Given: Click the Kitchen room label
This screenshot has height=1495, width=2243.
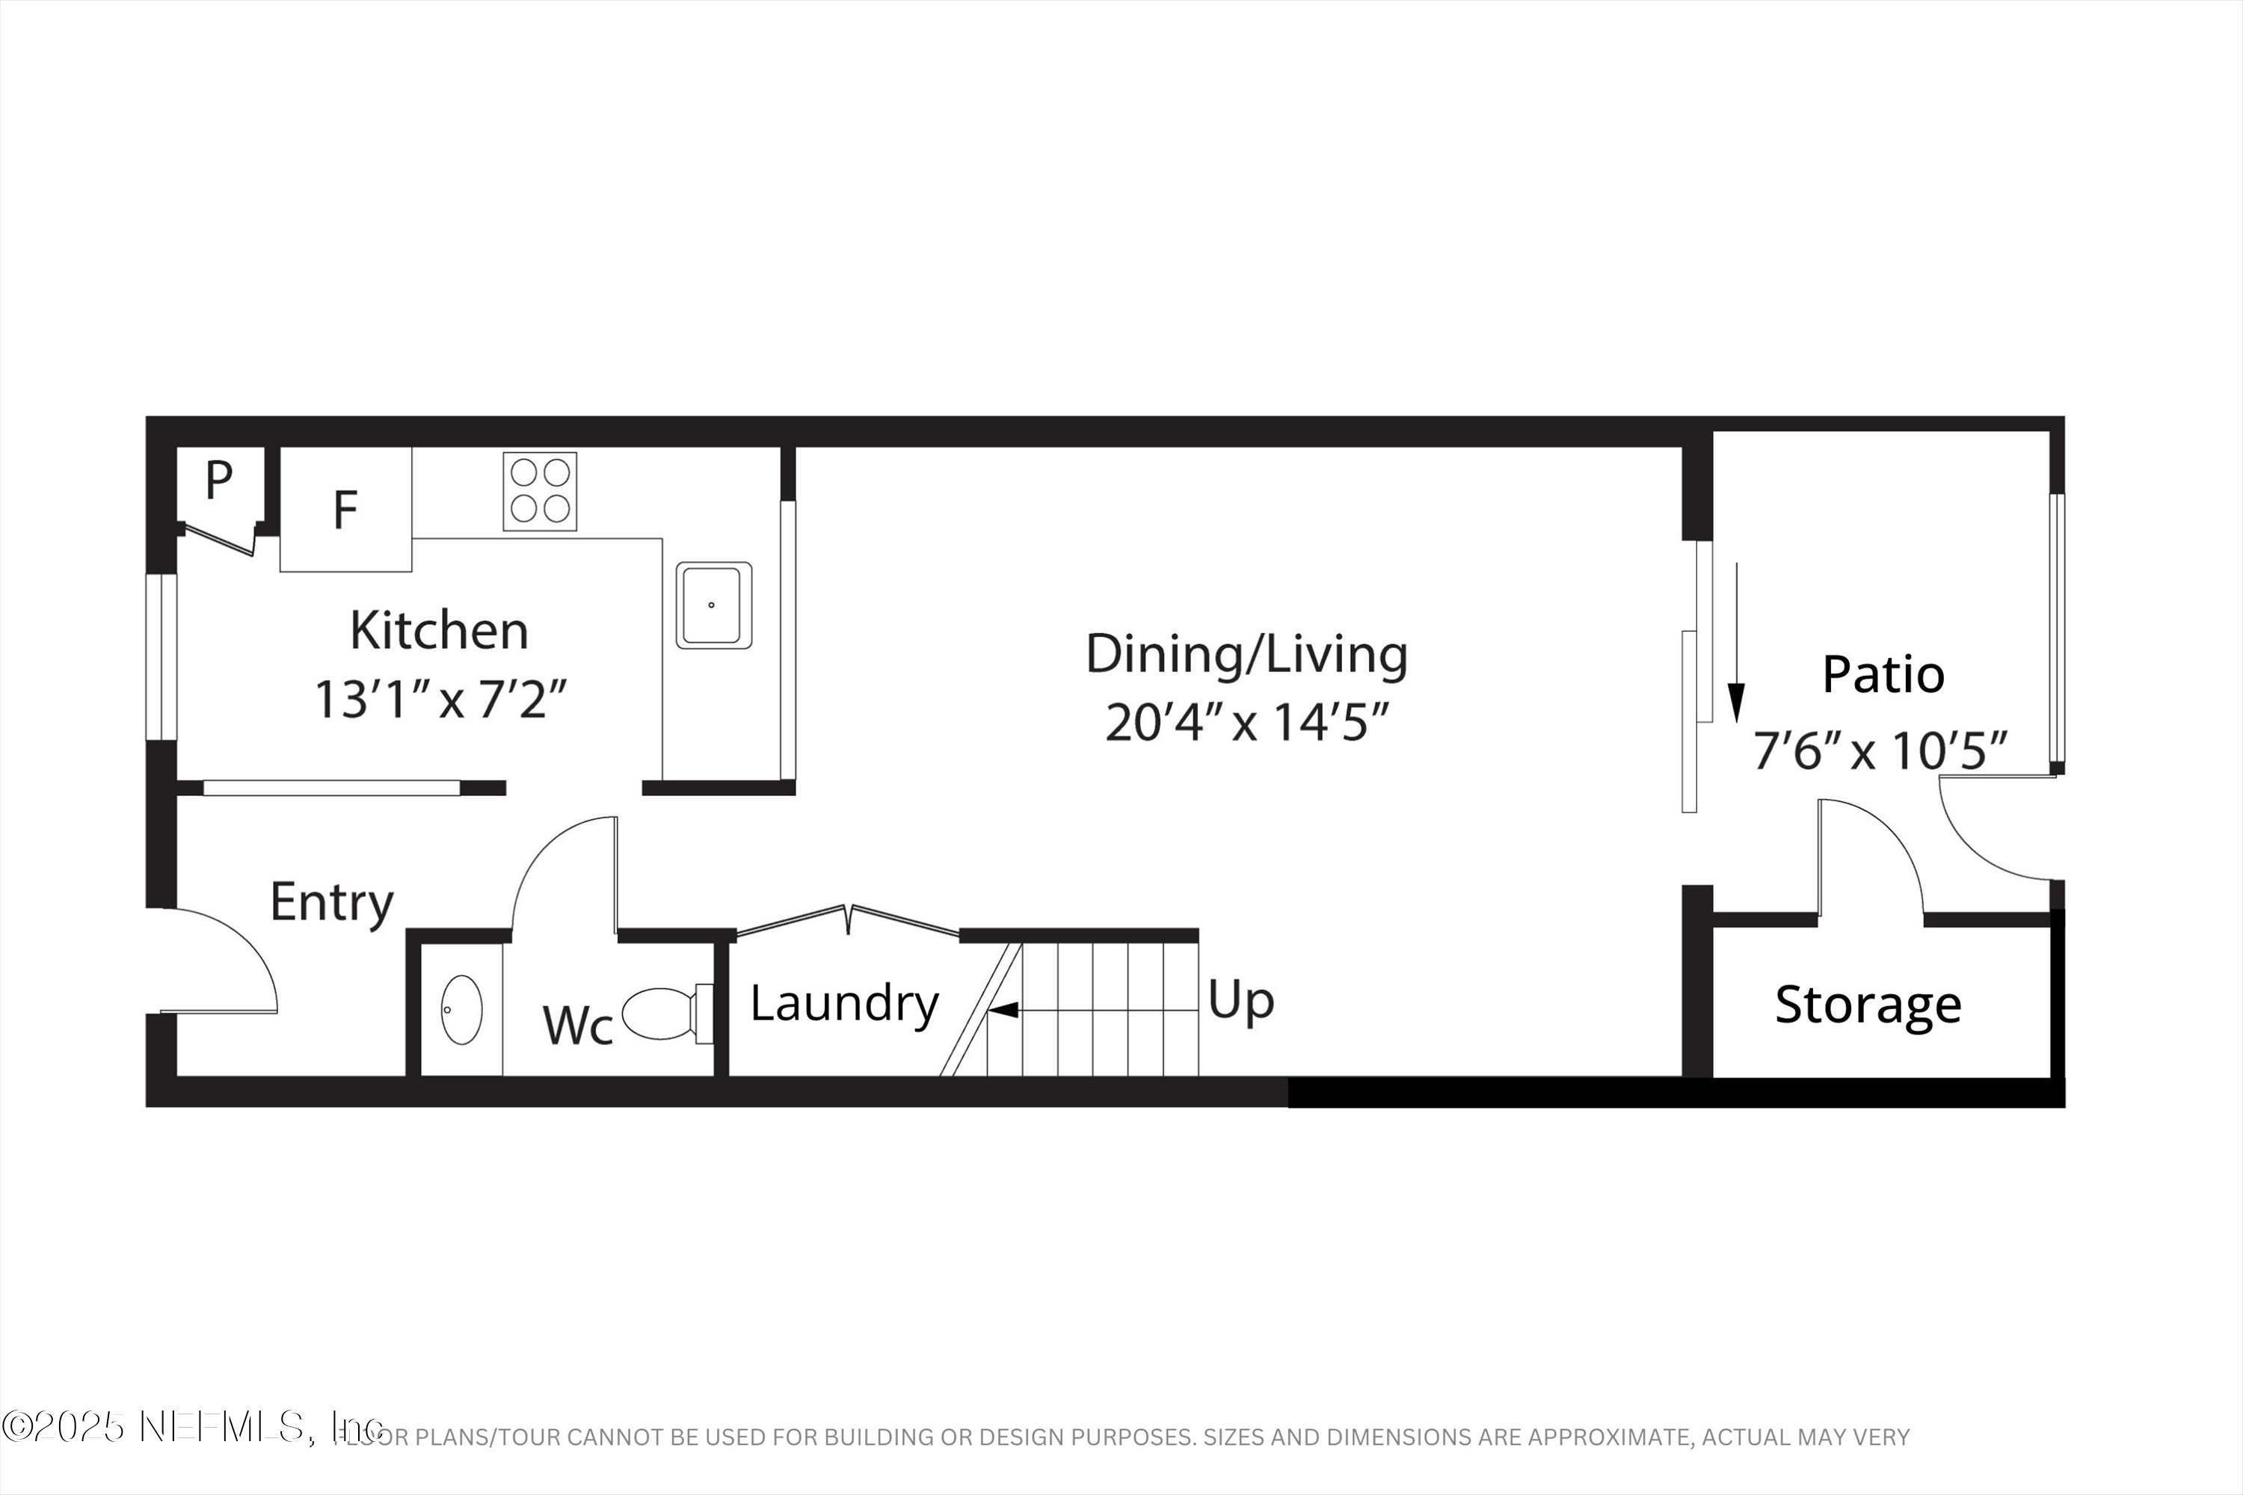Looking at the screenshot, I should [x=439, y=630].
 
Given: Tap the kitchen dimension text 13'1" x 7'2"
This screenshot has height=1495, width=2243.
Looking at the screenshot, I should [x=440, y=700].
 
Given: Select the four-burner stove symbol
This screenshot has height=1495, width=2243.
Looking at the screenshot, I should [x=540, y=491].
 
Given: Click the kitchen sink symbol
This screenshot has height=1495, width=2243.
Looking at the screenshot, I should [x=713, y=605].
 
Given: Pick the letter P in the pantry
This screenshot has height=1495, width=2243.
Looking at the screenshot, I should [x=218, y=481].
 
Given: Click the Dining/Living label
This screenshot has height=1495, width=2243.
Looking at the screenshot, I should [x=1246, y=655].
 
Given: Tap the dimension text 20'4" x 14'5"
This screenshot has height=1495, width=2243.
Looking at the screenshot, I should [x=1246, y=723].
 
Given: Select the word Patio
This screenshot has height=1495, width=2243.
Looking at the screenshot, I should [x=1883, y=675].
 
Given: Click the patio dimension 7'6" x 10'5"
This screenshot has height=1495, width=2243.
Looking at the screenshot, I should [x=1880, y=751].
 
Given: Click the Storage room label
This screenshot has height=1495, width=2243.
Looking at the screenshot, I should [x=1867, y=1005].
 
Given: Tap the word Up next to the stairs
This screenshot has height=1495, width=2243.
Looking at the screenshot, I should [x=1240, y=1001].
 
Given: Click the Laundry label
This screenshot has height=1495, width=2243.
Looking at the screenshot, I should [x=844, y=1003].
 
